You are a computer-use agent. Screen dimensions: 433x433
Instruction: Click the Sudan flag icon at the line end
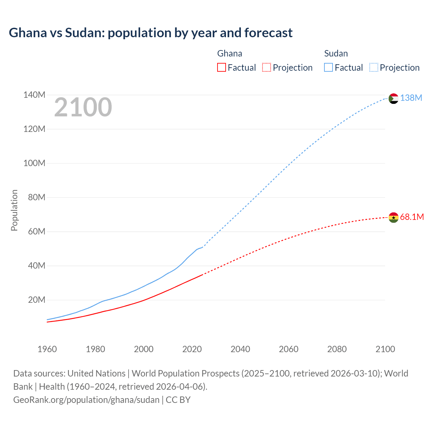(393, 98)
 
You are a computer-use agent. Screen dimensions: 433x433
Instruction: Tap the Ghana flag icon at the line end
(393, 217)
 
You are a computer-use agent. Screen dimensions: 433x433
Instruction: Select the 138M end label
(411, 98)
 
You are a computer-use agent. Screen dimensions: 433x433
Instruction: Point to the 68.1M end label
(412, 217)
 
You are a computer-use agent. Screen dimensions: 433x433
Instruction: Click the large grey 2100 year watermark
(83, 107)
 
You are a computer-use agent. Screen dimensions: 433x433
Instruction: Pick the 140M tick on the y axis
(34, 95)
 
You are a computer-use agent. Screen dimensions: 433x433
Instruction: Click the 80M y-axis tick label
(37, 197)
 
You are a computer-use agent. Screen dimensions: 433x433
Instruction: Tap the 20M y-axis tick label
(37, 300)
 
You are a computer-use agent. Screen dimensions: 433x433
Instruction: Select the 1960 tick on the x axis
(47, 349)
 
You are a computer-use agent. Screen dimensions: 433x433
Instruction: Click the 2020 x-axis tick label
(192, 349)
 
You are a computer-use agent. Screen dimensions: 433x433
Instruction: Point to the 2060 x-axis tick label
(289, 349)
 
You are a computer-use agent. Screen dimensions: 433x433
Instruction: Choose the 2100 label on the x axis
(385, 349)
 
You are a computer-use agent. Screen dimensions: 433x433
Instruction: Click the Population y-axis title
(14, 210)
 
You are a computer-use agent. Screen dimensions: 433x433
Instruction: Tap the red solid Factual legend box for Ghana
(221, 67)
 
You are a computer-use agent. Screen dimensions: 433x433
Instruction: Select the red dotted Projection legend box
(267, 67)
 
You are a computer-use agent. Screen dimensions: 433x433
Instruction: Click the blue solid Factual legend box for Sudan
(328, 67)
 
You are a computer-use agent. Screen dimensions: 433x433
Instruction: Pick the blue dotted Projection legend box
(374, 67)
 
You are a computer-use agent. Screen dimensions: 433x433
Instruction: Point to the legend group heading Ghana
(230, 53)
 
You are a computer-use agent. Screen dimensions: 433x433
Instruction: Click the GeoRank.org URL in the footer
(86, 400)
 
